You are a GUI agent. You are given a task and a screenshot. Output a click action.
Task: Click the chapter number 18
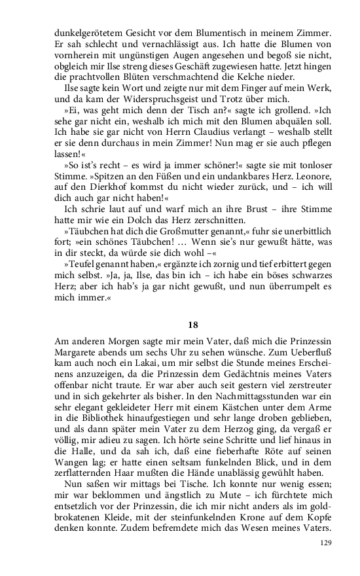tap(193, 323)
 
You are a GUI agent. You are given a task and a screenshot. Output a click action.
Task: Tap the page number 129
tap(326, 543)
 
